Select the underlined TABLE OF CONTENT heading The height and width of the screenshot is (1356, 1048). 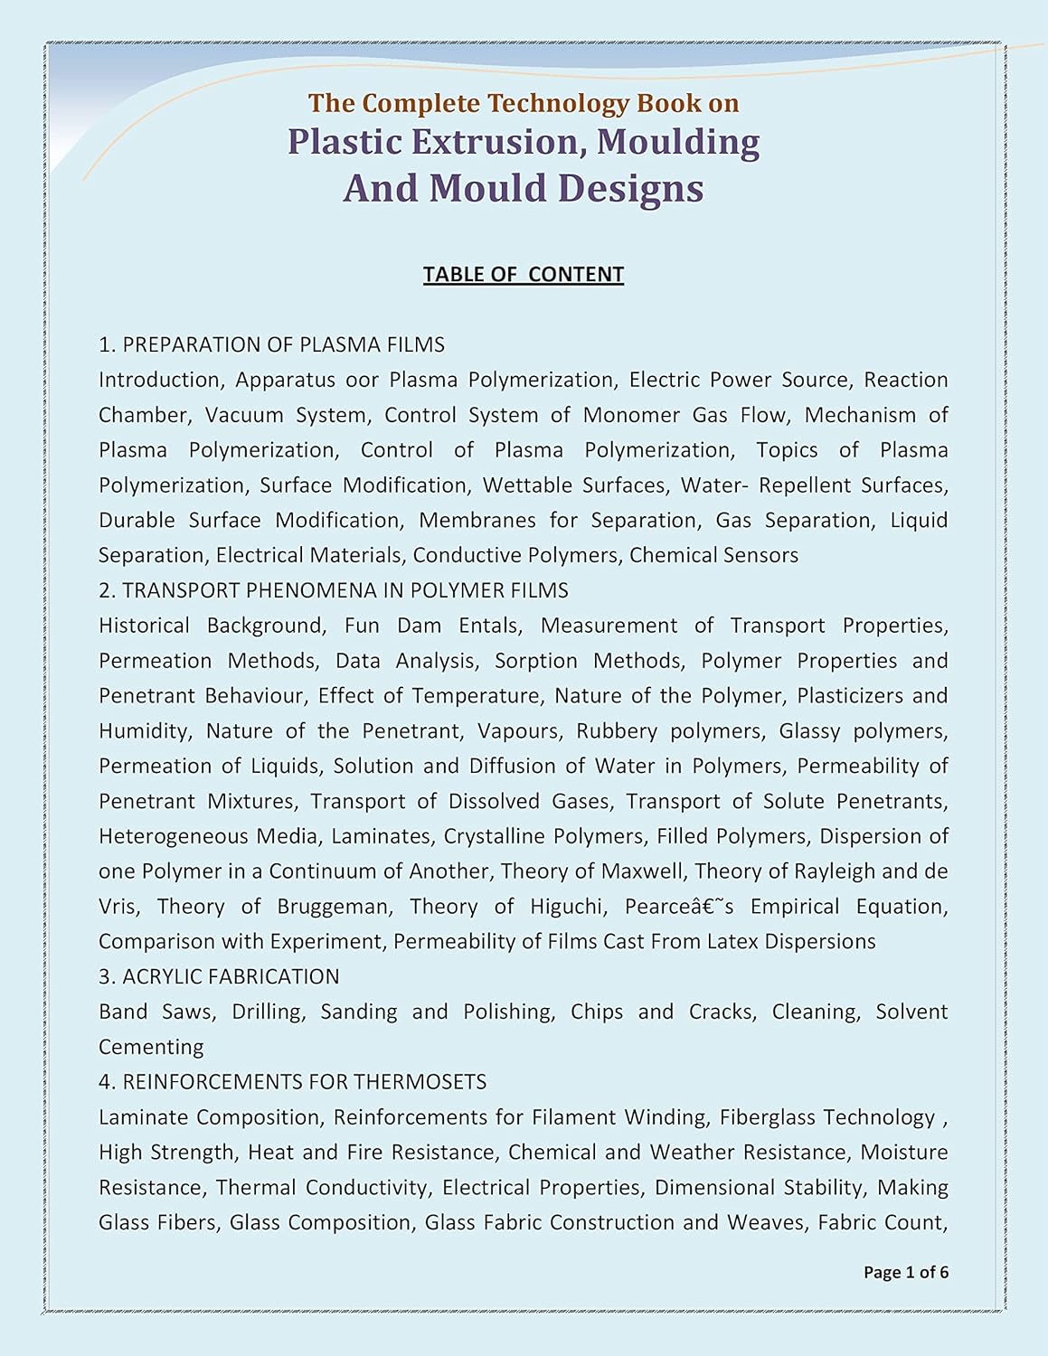[x=524, y=274]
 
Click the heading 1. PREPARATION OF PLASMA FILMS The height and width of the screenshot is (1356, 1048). [x=272, y=344]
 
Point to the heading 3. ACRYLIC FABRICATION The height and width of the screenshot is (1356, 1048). [x=219, y=976]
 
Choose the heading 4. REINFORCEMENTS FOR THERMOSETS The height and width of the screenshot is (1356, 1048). [x=292, y=1081]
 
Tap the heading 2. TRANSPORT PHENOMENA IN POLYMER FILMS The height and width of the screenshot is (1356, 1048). [x=334, y=590]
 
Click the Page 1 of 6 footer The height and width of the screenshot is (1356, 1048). [x=906, y=1272]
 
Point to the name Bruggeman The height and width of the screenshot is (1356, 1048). [x=335, y=907]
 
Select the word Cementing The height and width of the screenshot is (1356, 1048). [x=151, y=1047]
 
